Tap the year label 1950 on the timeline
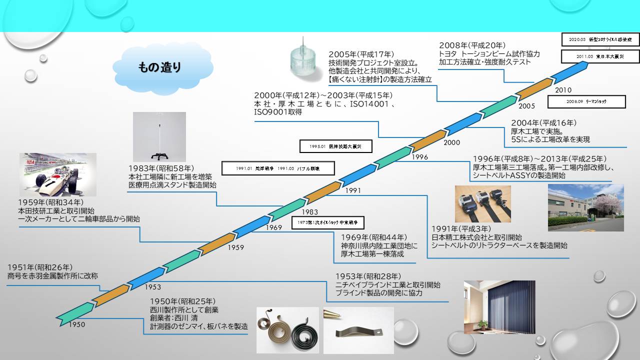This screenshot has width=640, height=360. coord(77,324)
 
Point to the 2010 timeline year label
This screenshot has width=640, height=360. coord(563,90)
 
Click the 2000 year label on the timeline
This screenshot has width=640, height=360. coord(451,142)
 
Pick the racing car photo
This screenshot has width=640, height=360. coord(57,174)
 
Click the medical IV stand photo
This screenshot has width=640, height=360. coord(159,136)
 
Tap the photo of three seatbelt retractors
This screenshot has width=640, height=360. coord(482,204)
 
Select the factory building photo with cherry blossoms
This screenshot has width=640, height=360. coord(585,207)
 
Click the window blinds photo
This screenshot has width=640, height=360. coord(499,306)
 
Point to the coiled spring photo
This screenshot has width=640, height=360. coord(287,330)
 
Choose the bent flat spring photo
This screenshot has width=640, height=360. coord(358,330)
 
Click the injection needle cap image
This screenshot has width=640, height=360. coord(306,63)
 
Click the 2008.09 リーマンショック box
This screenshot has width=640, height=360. coord(586,101)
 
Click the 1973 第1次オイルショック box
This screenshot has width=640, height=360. coord(328,222)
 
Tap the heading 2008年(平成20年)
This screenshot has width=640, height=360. coord(472,45)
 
